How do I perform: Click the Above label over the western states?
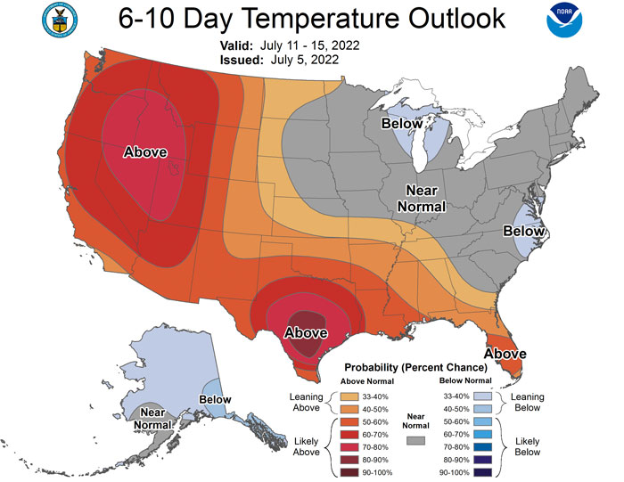coord(145,152)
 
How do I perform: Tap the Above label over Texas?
coord(306,333)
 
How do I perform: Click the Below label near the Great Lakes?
coord(402,123)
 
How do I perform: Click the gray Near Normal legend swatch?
coord(413,440)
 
